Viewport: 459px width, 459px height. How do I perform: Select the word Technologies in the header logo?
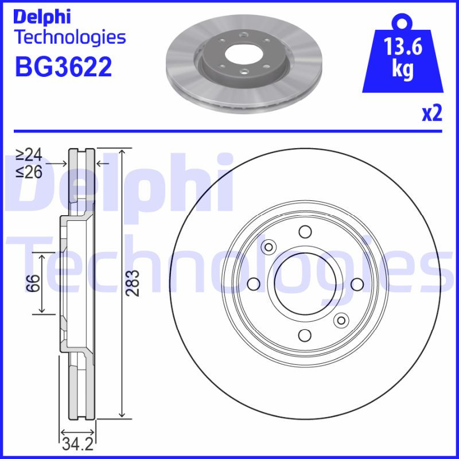point(69,38)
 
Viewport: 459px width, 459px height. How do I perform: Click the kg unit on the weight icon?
point(403,69)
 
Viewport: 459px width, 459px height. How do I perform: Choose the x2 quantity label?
point(432,114)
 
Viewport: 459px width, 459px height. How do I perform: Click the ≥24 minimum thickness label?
point(29,154)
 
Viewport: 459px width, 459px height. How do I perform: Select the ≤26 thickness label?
point(29,172)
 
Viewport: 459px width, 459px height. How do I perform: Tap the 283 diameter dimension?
point(133,283)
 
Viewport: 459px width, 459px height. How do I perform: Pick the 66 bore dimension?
point(34,283)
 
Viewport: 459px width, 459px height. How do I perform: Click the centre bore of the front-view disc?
point(304,283)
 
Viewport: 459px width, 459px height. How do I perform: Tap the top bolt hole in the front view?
point(305,232)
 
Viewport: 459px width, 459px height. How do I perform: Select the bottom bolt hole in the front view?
point(305,334)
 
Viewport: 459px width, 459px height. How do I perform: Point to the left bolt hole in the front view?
point(253,283)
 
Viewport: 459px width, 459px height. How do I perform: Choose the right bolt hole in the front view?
point(356,283)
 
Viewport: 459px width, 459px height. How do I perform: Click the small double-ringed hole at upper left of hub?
point(268,247)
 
